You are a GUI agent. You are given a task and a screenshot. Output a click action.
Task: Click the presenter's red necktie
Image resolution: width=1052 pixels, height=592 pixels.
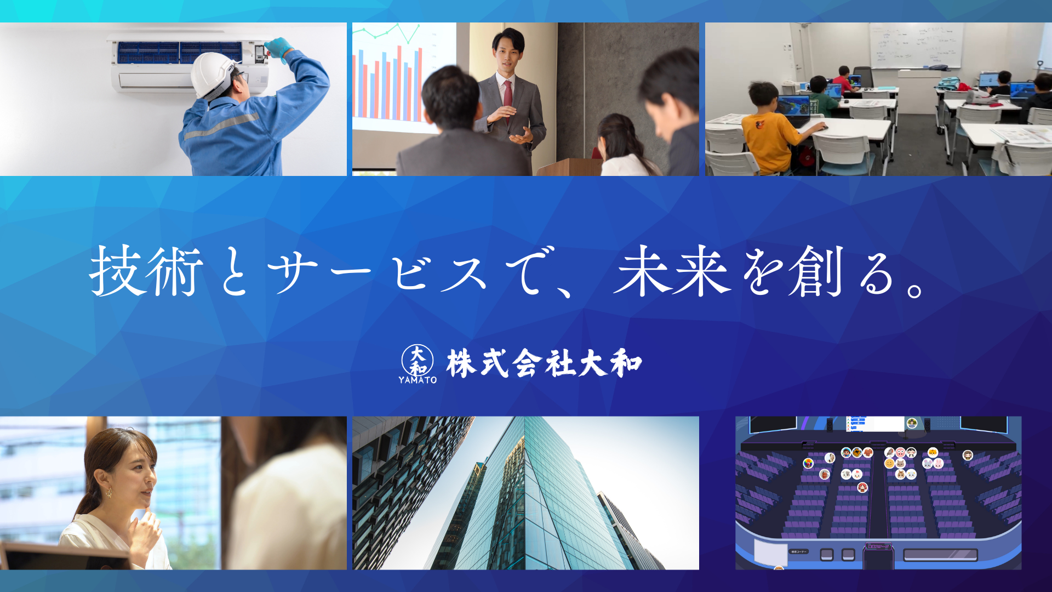click(507, 93)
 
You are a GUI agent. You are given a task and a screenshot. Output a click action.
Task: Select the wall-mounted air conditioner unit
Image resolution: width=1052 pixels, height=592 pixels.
click(189, 63)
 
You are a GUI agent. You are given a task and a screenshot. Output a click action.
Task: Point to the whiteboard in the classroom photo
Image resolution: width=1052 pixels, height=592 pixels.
click(916, 46)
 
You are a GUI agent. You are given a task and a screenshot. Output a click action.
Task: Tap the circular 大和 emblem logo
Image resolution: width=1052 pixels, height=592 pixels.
click(418, 360)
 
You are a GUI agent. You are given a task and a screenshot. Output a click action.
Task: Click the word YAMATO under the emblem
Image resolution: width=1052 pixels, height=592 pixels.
click(418, 380)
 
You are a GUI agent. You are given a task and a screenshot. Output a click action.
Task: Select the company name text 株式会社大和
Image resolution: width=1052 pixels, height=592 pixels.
click(544, 363)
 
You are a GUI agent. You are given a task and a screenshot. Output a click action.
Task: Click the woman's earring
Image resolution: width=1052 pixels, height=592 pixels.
click(108, 492)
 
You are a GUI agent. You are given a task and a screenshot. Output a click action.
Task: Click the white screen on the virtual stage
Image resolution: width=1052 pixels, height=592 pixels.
click(875, 424)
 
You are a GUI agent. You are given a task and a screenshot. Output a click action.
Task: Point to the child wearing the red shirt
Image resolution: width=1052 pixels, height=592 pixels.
click(844, 79)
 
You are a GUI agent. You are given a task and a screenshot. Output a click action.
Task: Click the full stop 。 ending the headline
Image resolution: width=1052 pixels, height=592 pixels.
click(914, 289)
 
